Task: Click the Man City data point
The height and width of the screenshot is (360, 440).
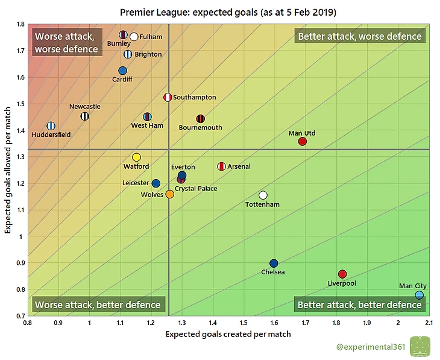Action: click(419, 295)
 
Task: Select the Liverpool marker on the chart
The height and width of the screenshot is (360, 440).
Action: click(342, 274)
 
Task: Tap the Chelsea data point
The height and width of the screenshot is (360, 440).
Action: click(274, 264)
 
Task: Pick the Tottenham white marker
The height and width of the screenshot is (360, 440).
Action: click(263, 195)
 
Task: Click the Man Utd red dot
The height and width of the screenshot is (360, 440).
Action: click(303, 141)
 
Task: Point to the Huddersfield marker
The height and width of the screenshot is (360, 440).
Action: click(51, 125)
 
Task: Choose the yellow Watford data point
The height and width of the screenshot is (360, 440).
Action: click(136, 157)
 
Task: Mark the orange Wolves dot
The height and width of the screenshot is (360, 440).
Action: click(170, 194)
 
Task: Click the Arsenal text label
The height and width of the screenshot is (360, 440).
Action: click(239, 166)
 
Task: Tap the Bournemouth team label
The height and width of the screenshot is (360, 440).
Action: click(200, 128)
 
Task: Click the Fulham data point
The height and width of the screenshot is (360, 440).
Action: click(134, 37)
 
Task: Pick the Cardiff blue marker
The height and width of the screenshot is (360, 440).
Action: click(123, 71)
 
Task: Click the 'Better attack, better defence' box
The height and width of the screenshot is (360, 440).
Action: click(359, 305)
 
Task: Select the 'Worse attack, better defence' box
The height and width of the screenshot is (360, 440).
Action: click(98, 305)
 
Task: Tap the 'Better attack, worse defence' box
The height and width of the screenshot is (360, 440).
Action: click(360, 36)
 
